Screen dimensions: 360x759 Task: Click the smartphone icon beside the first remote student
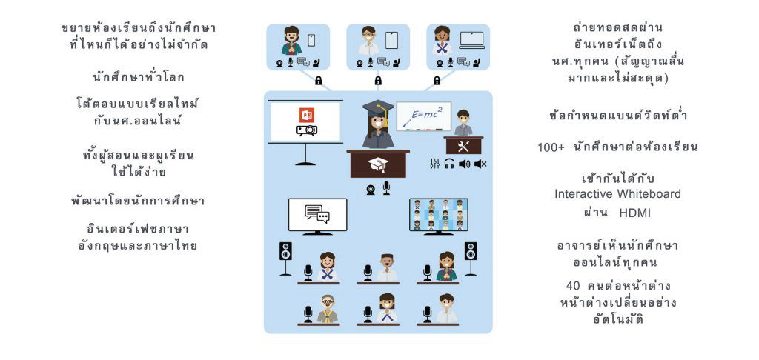pyautogui.click(x=312, y=39)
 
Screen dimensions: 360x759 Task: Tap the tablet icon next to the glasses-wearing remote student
pyautogui.click(x=391, y=39)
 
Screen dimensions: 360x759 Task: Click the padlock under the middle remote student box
pyautogui.click(x=378, y=80)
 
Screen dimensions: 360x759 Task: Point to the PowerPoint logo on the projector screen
pyautogui.click(x=307, y=116)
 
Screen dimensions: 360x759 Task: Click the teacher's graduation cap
pyautogui.click(x=378, y=109)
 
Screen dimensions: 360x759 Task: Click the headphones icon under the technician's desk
pyautogui.click(x=449, y=164)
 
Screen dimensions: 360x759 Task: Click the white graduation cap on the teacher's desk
pyautogui.click(x=378, y=164)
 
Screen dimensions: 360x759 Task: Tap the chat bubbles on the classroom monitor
pyautogui.click(x=316, y=214)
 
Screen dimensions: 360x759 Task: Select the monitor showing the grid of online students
pyautogui.click(x=438, y=214)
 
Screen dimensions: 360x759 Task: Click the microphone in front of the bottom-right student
pyautogui.click(x=427, y=314)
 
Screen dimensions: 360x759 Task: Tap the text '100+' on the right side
pyautogui.click(x=551, y=147)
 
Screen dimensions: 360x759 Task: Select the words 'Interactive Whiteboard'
pyautogui.click(x=617, y=194)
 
